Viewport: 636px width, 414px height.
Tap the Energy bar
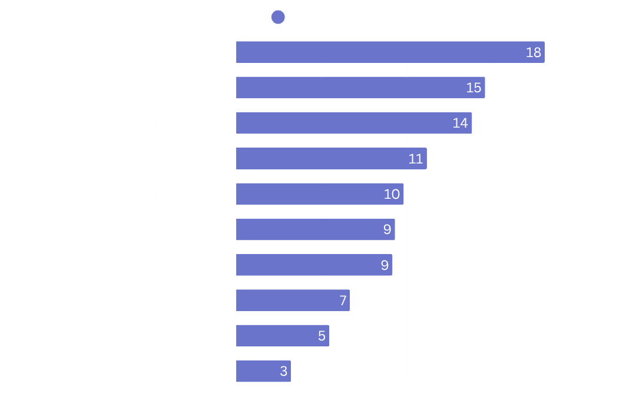point(263,371)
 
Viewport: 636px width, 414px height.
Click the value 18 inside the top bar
point(533,52)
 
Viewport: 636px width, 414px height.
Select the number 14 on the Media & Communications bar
point(460,123)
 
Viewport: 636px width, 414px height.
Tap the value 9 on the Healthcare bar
point(387,229)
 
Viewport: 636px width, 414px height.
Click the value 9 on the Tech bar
point(385,265)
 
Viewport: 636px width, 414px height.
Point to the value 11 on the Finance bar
point(416,159)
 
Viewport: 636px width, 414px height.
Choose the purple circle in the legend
point(278,17)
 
